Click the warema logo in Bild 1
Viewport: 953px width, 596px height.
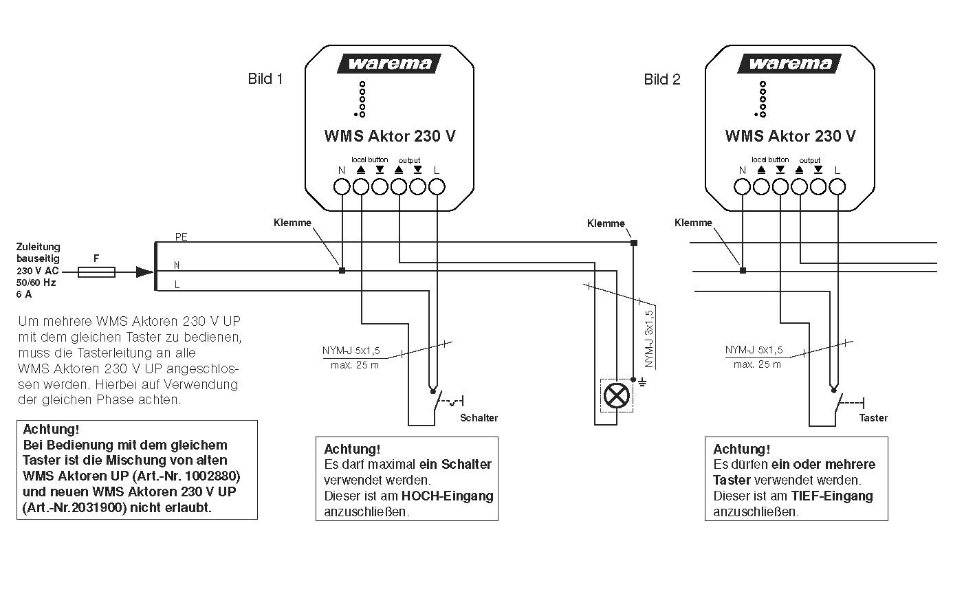click(389, 64)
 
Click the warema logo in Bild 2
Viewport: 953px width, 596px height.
click(790, 64)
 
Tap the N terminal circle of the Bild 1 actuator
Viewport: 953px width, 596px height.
click(342, 186)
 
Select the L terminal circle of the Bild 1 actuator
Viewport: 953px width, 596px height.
click(437, 186)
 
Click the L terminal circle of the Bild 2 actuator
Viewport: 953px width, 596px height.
click(837, 186)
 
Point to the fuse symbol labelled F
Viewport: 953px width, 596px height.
click(97, 272)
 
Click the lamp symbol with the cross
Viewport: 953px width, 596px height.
click(617, 395)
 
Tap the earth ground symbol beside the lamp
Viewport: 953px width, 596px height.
click(642, 381)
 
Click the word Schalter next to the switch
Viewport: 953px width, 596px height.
click(479, 418)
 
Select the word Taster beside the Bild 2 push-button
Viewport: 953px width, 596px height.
click(873, 418)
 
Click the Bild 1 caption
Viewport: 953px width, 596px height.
click(265, 79)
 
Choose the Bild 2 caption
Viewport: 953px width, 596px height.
click(662, 80)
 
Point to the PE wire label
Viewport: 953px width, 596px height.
click(181, 236)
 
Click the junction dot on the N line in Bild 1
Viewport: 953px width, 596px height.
click(342, 271)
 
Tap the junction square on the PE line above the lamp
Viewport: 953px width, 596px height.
click(634, 243)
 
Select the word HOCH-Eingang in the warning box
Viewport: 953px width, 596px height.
click(448, 496)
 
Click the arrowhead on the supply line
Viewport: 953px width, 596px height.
click(145, 272)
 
